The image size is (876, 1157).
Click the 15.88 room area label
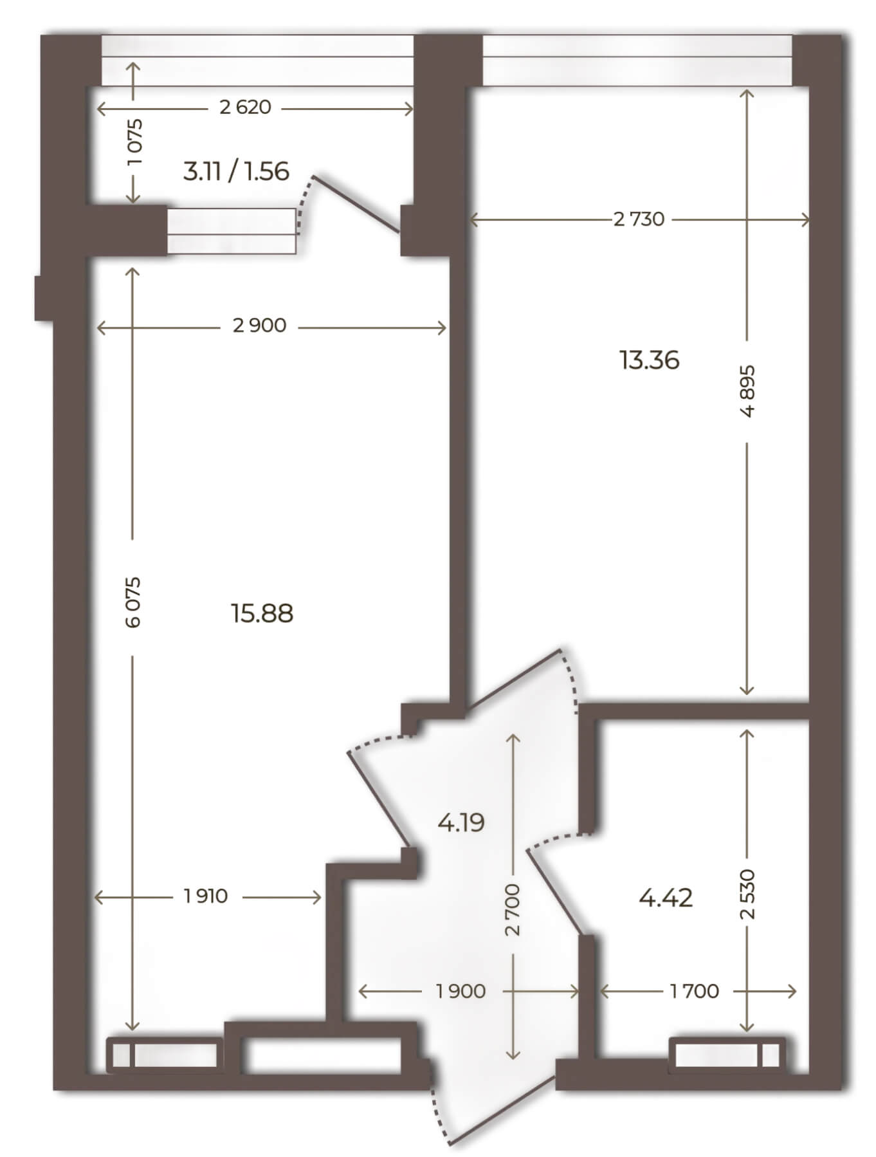click(x=262, y=614)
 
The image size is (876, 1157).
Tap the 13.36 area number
click(x=650, y=360)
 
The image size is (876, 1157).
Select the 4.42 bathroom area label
click(x=666, y=897)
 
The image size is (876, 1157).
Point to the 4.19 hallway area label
click(x=461, y=822)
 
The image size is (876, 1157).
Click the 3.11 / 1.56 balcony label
click(x=236, y=172)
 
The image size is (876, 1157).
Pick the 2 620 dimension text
click(x=245, y=107)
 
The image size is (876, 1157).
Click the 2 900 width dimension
click(x=260, y=326)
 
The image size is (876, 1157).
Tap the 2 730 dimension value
click(x=639, y=219)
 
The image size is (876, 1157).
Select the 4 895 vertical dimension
click(x=747, y=392)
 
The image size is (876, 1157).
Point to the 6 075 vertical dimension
click(x=133, y=602)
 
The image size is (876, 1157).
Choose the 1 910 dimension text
click(x=206, y=896)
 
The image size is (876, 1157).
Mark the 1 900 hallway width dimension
click(x=461, y=991)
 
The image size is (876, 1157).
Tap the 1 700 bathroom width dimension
click(x=695, y=991)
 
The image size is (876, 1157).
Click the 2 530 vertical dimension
click(x=747, y=894)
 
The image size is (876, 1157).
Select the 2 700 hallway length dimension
click(x=513, y=910)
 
